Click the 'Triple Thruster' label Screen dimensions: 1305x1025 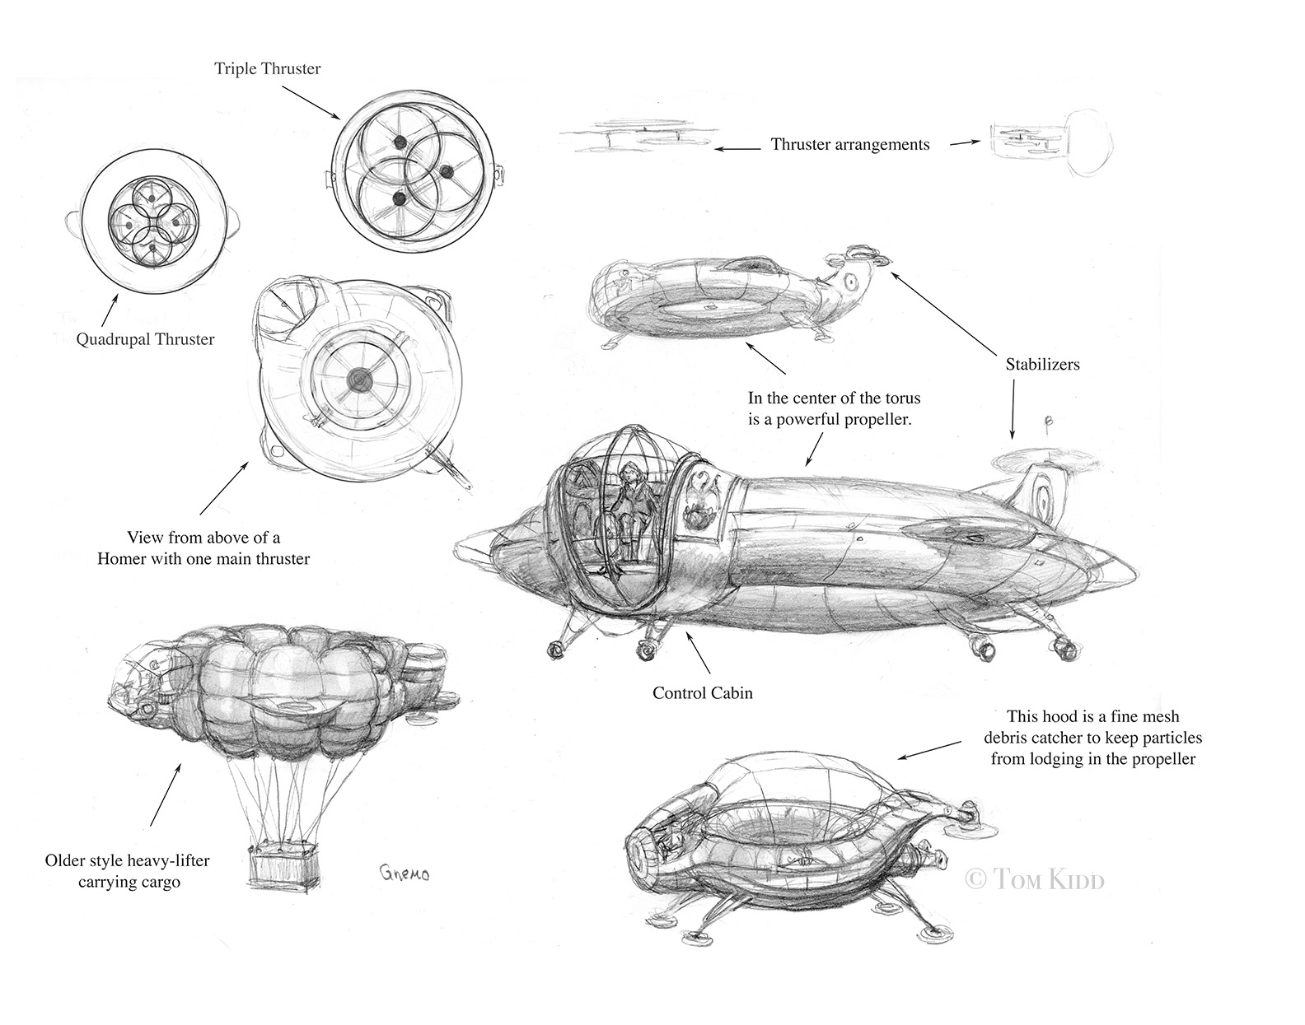(x=268, y=69)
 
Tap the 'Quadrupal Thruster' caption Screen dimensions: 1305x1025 (x=145, y=339)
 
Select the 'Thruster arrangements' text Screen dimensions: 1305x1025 (x=850, y=145)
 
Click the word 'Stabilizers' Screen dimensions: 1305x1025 (x=1042, y=364)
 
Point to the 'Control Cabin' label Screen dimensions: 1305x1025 (x=703, y=693)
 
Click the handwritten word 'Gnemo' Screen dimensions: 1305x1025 (x=404, y=874)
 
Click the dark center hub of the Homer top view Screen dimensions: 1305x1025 (x=359, y=380)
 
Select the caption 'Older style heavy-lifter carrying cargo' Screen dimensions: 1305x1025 (x=128, y=872)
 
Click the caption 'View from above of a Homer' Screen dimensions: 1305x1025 (x=203, y=548)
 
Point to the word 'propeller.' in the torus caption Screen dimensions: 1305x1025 (x=874, y=418)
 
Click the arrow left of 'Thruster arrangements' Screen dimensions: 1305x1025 (x=737, y=149)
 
